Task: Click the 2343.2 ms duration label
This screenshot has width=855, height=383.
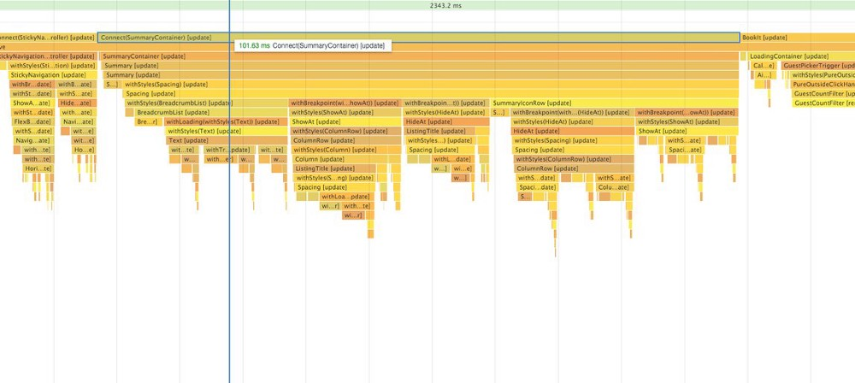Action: click(x=445, y=5)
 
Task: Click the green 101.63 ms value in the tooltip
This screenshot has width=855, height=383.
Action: click(x=254, y=45)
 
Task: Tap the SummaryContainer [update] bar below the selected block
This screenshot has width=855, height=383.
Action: click(x=419, y=56)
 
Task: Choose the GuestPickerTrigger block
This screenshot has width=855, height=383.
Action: click(x=817, y=66)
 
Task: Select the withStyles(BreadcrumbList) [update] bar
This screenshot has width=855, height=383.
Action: click(x=205, y=103)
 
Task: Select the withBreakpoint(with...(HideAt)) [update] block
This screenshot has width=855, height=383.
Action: click(x=572, y=113)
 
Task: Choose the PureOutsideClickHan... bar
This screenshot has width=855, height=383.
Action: click(x=823, y=85)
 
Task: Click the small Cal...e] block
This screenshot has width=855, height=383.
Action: click(x=764, y=66)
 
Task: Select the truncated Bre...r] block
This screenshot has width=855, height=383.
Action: click(x=148, y=122)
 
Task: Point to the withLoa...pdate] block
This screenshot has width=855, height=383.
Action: click(x=345, y=197)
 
